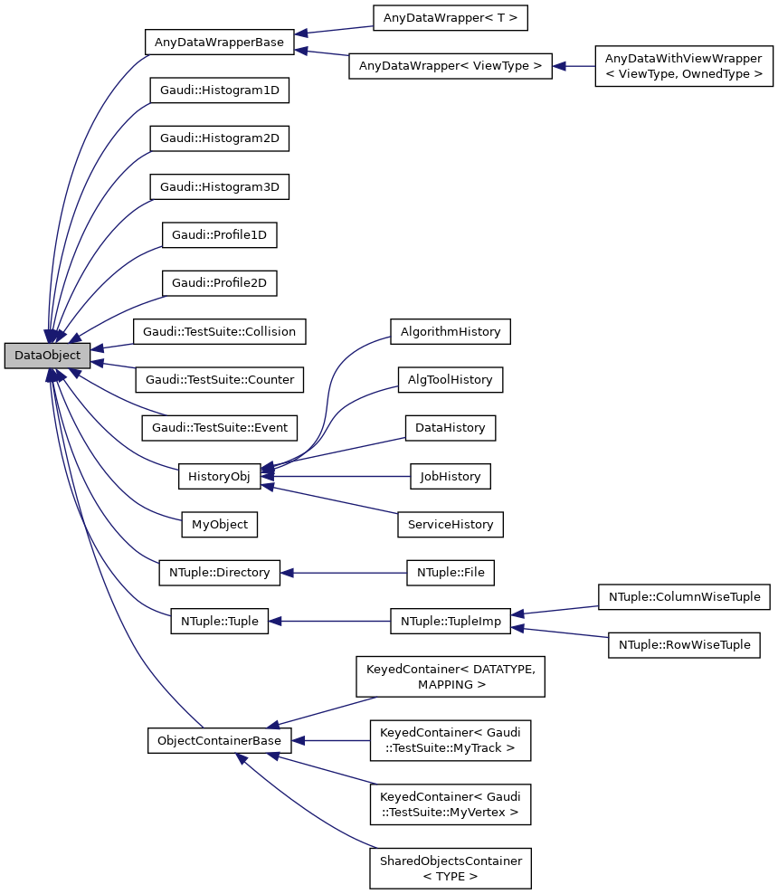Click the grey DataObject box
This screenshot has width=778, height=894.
tap(47, 356)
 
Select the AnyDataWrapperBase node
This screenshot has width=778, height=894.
tap(220, 42)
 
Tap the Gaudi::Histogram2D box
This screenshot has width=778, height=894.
tap(220, 138)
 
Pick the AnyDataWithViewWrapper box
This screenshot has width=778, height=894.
tap(683, 66)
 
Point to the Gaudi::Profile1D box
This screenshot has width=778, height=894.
tap(220, 234)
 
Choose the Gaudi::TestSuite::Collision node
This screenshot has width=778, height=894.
tap(220, 331)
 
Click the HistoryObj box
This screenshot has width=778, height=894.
tap(220, 476)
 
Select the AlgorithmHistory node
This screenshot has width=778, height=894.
tap(451, 331)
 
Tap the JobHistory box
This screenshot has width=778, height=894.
tap(451, 476)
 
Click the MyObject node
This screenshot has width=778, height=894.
tap(220, 524)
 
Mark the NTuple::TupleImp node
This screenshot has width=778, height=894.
tap(451, 621)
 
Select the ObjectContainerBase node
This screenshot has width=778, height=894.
tap(220, 740)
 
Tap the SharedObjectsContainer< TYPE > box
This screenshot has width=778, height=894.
tap(451, 868)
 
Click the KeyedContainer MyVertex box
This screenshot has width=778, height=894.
tap(451, 804)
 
